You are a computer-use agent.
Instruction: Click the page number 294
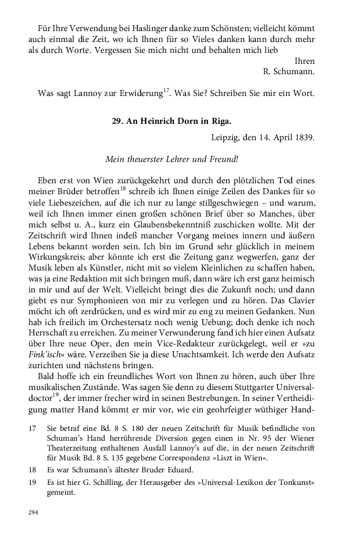34,513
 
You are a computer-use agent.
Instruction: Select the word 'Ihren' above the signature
304,61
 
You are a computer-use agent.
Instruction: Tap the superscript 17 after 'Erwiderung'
166,90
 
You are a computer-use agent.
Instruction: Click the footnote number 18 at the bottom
33,470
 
